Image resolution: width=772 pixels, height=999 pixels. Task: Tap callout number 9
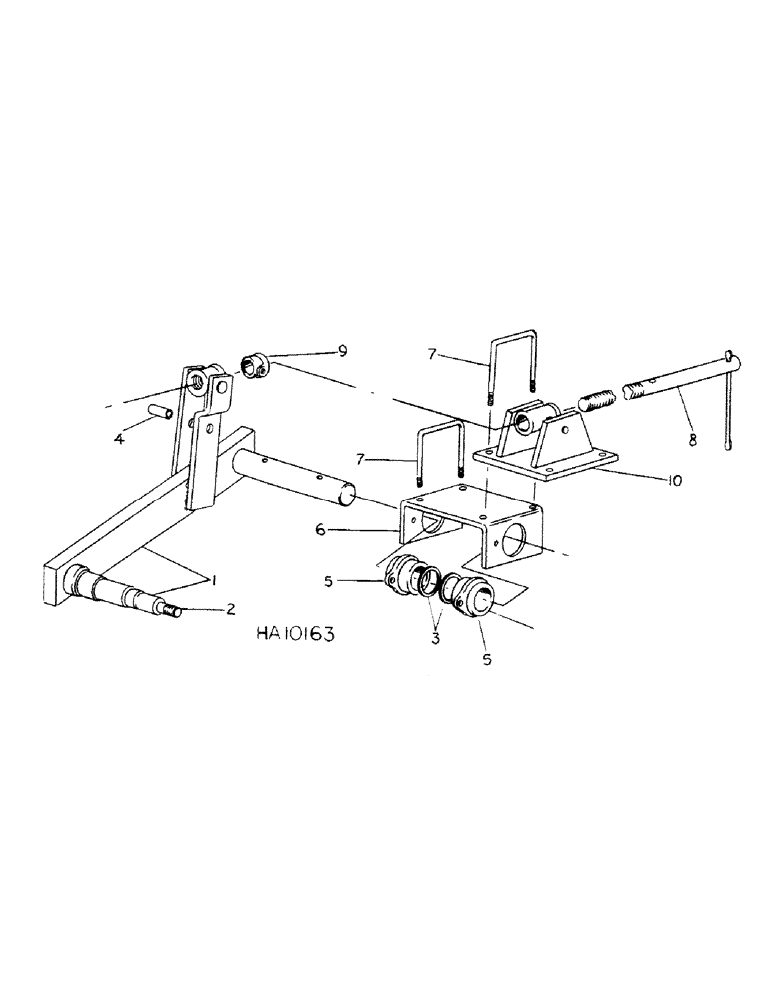click(x=341, y=351)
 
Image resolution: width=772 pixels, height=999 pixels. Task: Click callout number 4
click(x=120, y=436)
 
